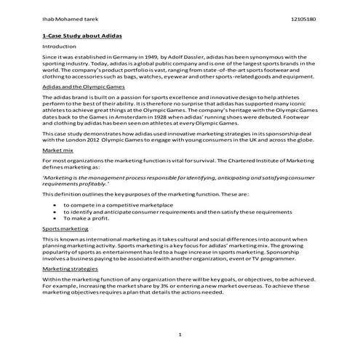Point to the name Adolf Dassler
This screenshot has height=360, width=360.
pyautogui.click(x=190, y=56)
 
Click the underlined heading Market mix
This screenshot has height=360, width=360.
pyautogui.click(x=58, y=151)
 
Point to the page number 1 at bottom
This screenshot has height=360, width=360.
pyautogui.click(x=179, y=334)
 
